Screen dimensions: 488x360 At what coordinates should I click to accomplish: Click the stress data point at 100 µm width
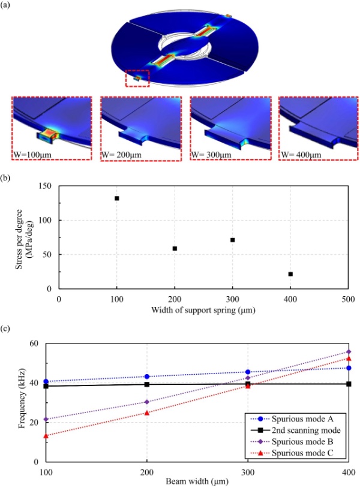coord(117,198)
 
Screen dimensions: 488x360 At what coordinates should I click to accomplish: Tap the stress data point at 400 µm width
coord(290,274)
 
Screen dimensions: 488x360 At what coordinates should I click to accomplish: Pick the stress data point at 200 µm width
coord(175,248)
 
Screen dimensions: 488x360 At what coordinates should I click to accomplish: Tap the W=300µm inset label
coord(211,154)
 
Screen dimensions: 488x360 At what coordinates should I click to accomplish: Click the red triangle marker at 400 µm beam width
coord(349,359)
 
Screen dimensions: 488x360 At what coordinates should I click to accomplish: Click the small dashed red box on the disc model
coord(137,78)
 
